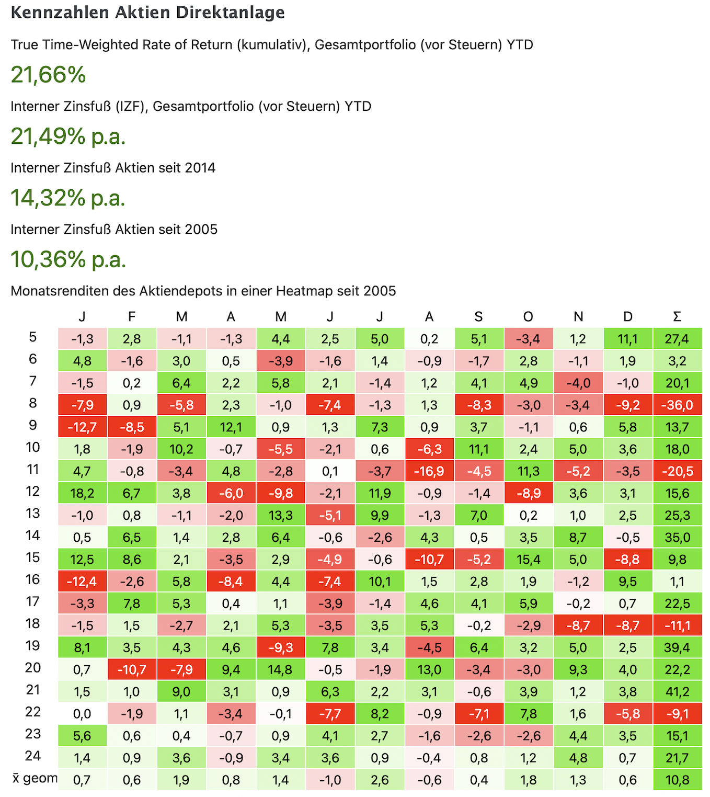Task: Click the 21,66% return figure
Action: [x=48, y=75]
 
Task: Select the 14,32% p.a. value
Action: [x=68, y=198]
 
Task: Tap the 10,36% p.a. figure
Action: [x=68, y=259]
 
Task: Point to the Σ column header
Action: [x=677, y=316]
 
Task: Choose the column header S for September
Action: [x=478, y=316]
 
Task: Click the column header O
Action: [x=528, y=316]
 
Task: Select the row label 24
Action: [x=32, y=756]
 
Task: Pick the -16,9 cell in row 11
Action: [x=429, y=471]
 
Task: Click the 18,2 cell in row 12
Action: [x=82, y=493]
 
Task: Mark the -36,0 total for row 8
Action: [x=677, y=405]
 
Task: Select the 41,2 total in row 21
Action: [x=677, y=692]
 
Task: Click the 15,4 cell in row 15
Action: [x=528, y=560]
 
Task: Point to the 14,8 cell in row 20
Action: [x=280, y=670]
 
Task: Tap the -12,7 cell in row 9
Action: [x=82, y=427]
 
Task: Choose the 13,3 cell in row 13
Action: [x=280, y=515]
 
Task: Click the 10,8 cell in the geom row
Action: [x=677, y=780]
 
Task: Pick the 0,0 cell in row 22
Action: [x=82, y=714]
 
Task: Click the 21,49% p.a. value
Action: [x=68, y=136]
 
